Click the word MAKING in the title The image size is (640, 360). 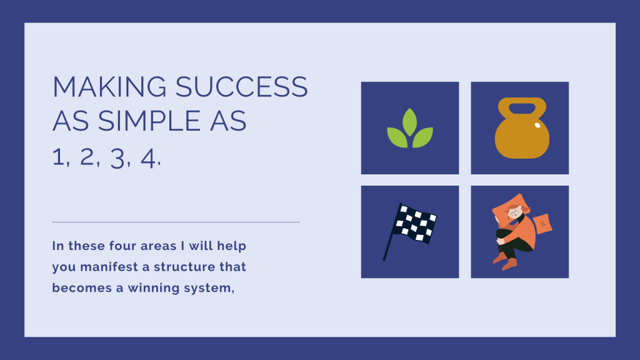click(109, 86)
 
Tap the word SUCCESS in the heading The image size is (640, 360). click(242, 86)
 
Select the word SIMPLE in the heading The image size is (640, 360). click(149, 121)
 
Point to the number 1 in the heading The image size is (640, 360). click(59, 157)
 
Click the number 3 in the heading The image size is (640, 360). click(117, 159)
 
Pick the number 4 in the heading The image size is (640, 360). click(147, 158)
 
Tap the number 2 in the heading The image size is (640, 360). click(87, 157)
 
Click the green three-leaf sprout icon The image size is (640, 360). click(410, 127)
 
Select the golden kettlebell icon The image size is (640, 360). click(522, 127)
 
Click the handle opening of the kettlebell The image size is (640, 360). click(522, 109)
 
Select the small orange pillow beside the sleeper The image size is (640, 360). click(542, 224)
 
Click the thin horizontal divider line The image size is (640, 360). click(176, 222)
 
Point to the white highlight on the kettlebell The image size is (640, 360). click(537, 125)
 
